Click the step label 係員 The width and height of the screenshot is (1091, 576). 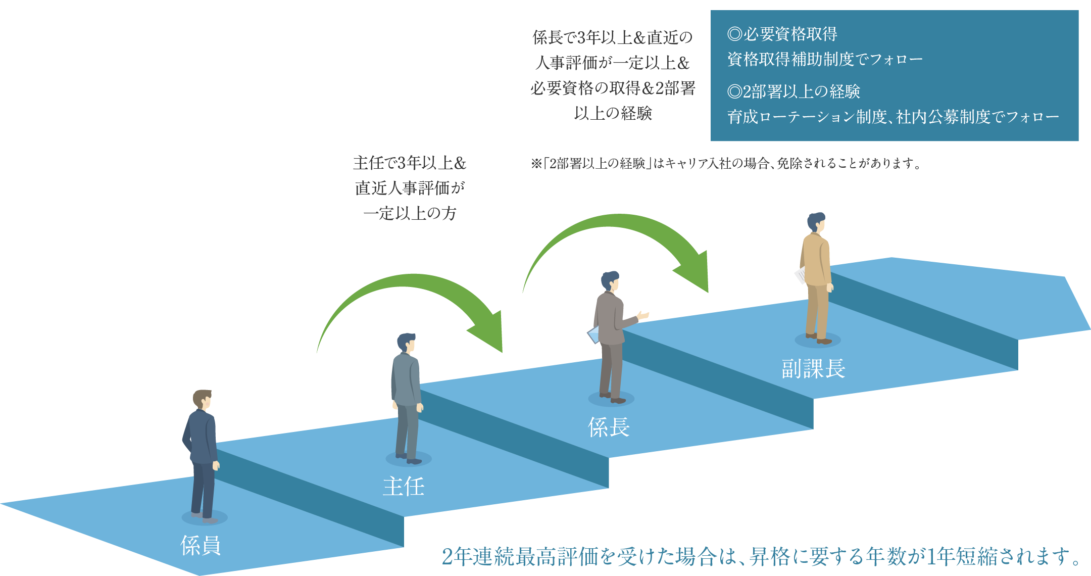201,546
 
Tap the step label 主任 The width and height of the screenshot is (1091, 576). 404,486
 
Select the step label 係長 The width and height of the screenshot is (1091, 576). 609,427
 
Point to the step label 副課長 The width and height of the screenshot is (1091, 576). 813,369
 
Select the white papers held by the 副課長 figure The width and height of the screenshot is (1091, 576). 801,275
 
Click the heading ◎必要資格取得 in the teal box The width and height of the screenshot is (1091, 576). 782,34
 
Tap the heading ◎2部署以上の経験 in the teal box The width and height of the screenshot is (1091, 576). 794,91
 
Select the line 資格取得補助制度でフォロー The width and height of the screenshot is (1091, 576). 825,60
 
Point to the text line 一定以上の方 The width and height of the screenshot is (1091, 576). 410,213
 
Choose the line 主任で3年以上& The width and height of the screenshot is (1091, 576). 410,163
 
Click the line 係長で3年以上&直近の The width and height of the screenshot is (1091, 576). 613,37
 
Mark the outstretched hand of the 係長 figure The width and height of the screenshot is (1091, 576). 643,315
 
